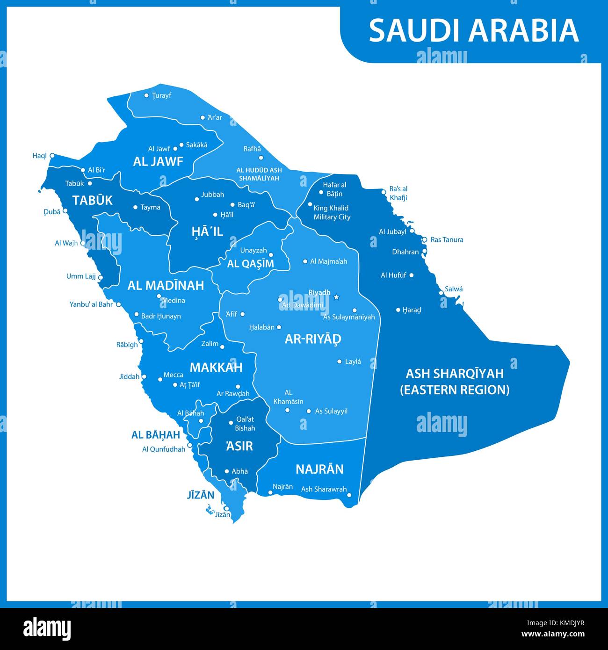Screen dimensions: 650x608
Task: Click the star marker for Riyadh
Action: point(336,296)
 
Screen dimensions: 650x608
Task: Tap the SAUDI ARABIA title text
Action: point(474,31)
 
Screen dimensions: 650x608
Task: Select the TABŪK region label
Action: point(92,201)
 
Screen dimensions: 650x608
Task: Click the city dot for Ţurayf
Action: point(146,95)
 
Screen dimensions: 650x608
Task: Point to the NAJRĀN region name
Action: point(319,469)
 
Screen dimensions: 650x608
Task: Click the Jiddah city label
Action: point(129,376)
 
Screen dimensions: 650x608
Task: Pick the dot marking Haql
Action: point(52,156)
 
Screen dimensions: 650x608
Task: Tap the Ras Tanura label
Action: point(447,240)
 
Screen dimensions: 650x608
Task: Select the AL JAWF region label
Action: point(158,162)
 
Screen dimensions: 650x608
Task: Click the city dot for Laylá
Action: point(340,361)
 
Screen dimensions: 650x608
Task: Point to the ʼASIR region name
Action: point(239,446)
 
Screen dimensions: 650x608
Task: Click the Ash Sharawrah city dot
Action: point(349,495)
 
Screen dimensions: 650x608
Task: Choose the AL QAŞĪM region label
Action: point(250,264)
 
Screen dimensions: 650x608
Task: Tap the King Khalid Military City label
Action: point(332,213)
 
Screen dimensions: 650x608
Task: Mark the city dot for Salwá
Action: point(441,293)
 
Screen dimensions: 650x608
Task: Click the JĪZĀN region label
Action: point(200,495)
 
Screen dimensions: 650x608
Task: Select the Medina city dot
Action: point(159,296)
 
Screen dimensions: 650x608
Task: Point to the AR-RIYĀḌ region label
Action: point(313,339)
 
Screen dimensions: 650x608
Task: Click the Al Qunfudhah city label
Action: point(164,450)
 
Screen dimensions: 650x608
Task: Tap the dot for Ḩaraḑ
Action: point(398,310)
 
